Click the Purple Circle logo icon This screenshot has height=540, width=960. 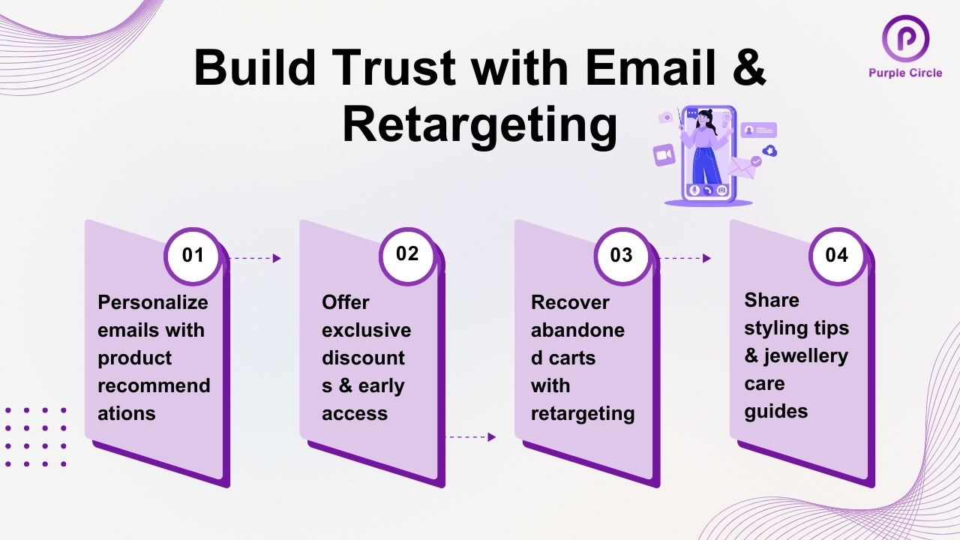point(905,38)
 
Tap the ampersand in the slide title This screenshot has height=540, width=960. point(746,69)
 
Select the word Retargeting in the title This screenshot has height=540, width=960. point(480,125)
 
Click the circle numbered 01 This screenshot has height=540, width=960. point(193,256)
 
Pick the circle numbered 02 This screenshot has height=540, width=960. point(407,254)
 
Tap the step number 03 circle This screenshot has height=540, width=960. point(622,256)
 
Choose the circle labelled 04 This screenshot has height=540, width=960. point(836,256)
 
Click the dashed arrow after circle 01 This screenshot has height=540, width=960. point(254,258)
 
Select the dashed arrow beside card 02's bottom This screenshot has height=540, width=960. point(471,436)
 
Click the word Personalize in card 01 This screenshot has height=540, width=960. point(153,302)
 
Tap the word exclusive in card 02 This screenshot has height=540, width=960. point(367,330)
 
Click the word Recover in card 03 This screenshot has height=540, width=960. point(570,302)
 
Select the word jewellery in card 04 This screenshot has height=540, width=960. point(805,355)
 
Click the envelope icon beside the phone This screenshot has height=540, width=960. point(742,167)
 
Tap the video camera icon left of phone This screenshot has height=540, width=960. point(664,155)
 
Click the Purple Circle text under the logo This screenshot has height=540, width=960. point(905,73)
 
